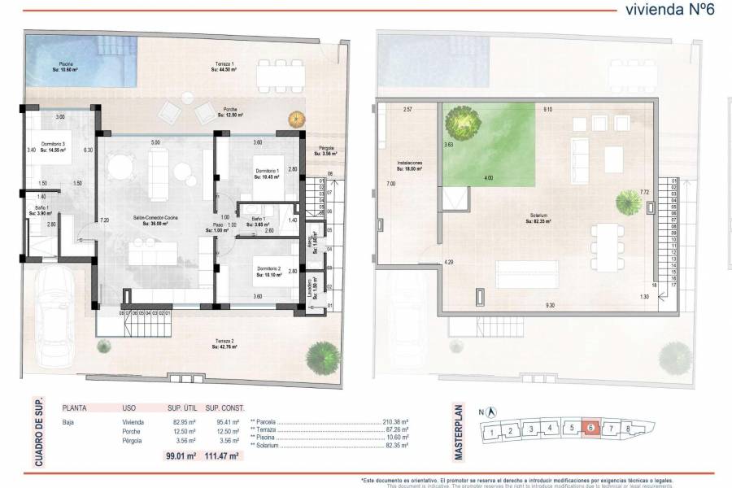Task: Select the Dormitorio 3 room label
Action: coord(54,147)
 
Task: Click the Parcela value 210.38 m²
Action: coord(393,422)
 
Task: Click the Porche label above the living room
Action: coord(233,111)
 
